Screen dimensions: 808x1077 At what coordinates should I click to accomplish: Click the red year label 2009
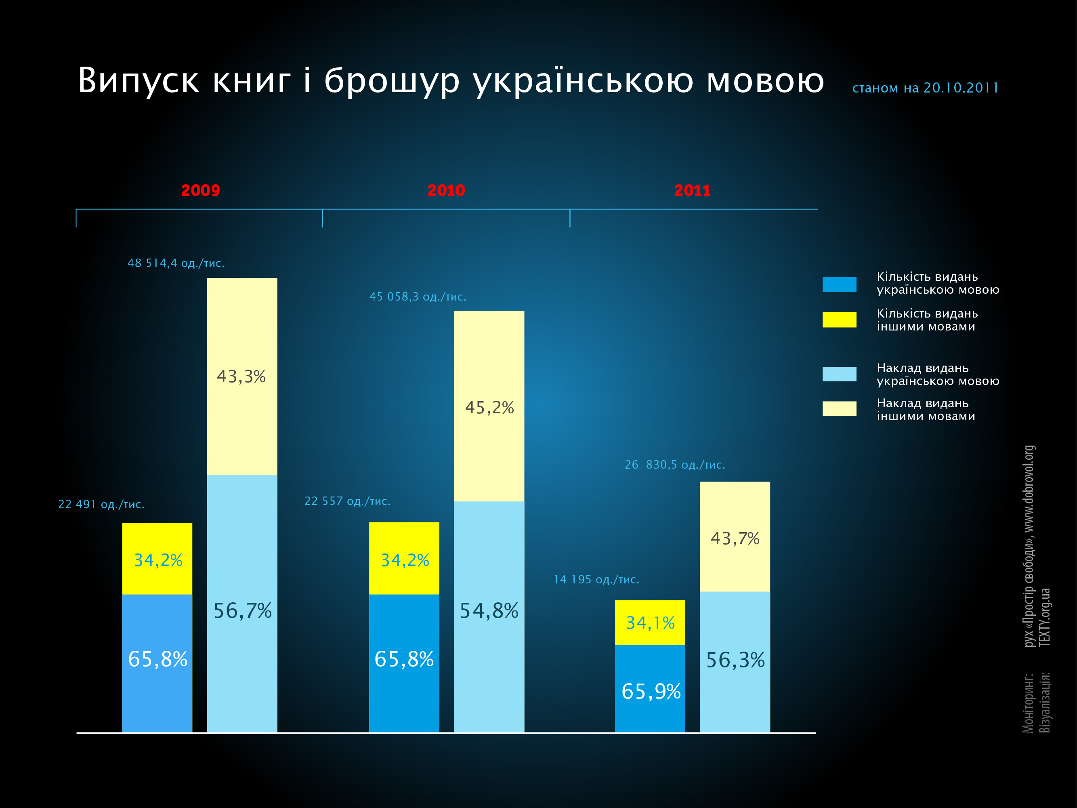[x=200, y=190]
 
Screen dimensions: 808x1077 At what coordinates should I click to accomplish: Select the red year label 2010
[x=446, y=190]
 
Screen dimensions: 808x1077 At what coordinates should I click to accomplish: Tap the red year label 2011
[x=692, y=190]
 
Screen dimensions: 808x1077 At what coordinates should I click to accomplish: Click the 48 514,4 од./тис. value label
[x=176, y=263]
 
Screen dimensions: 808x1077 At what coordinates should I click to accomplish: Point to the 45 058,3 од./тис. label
[x=418, y=297]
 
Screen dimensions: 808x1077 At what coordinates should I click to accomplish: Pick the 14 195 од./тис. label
[x=596, y=580]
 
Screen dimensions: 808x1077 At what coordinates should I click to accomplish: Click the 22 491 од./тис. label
[x=101, y=504]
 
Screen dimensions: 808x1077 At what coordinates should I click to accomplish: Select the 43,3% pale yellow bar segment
[x=242, y=377]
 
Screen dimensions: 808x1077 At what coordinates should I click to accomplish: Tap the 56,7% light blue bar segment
[x=242, y=604]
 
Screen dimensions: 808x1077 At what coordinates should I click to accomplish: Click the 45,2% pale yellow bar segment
[x=489, y=406]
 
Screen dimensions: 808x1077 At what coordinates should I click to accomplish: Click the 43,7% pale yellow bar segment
[x=735, y=537]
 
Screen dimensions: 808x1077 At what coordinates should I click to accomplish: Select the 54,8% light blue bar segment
[x=489, y=616]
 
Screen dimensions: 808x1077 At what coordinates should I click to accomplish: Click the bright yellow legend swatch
[x=839, y=320]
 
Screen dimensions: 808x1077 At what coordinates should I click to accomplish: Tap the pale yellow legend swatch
[x=839, y=408]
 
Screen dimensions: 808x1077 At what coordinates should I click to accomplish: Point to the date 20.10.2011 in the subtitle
[x=961, y=88]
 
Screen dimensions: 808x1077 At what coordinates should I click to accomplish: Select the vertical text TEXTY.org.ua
[x=1045, y=618]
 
